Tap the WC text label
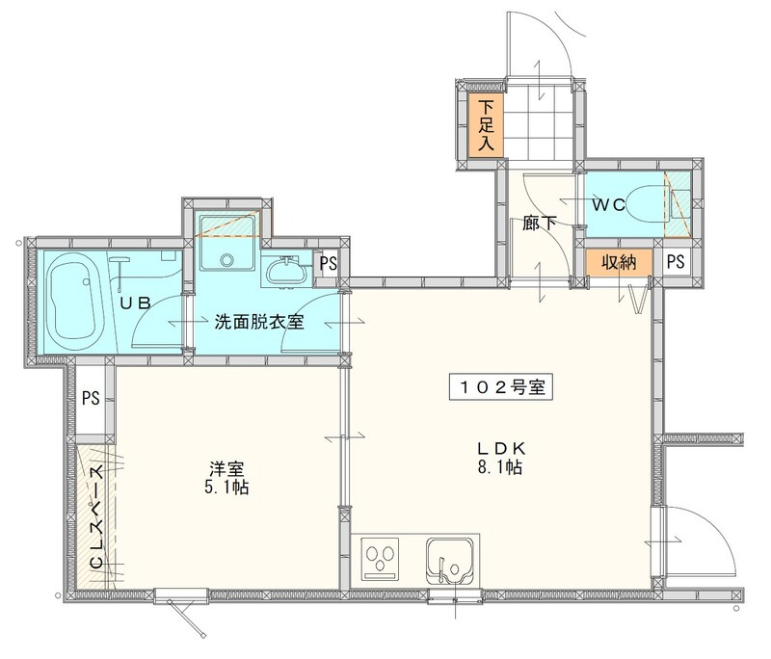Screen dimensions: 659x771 [x=611, y=204]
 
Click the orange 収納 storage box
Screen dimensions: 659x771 [x=619, y=260]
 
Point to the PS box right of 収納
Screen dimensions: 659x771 [x=675, y=260]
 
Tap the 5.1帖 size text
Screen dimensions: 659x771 [x=227, y=488]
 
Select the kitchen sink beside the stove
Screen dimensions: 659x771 [x=444, y=560]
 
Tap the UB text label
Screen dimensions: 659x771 [x=134, y=303]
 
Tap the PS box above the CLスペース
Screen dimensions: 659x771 [x=91, y=397]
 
